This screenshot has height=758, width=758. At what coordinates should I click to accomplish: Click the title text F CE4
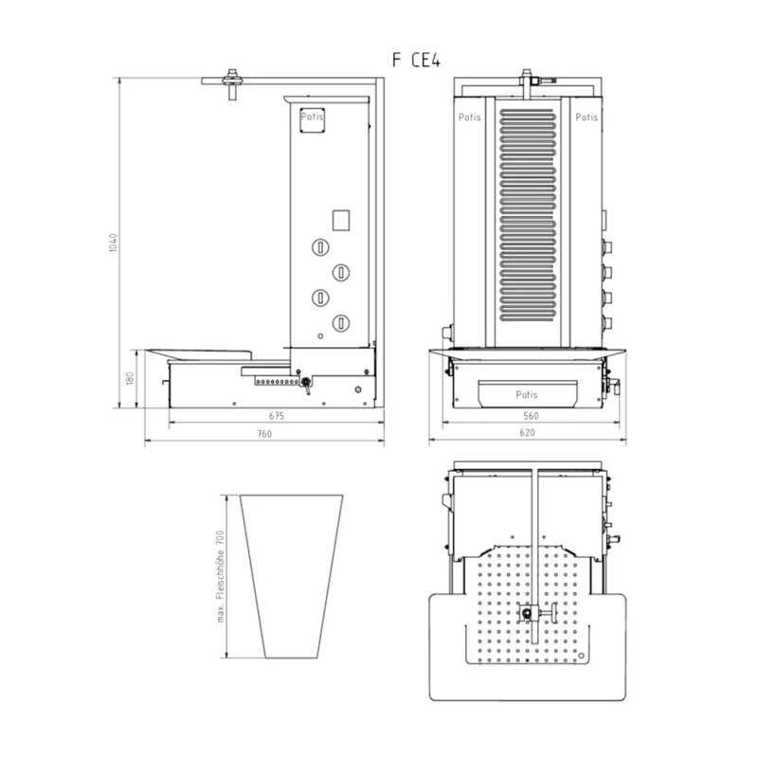click(416, 60)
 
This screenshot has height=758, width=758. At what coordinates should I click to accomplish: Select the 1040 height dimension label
click(113, 243)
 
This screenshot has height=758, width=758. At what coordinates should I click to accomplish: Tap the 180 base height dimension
click(130, 378)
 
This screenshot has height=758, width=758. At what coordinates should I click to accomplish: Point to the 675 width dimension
click(277, 416)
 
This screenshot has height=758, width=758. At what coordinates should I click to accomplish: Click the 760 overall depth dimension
click(264, 434)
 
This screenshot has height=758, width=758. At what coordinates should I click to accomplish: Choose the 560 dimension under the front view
click(531, 416)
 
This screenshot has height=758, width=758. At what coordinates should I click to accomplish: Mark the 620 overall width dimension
click(528, 433)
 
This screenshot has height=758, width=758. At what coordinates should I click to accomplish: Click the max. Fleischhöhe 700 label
click(221, 576)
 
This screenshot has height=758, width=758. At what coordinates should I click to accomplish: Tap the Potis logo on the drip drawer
click(527, 394)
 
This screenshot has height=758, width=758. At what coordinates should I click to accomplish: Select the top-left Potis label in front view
click(469, 117)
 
